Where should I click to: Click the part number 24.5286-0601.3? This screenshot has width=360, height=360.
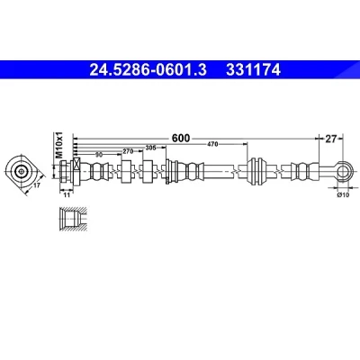click(148, 70)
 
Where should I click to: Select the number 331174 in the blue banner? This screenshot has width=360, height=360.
click(254, 70)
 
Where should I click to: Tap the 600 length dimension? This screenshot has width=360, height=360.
click(181, 139)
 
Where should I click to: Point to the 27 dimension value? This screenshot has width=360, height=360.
click(330, 139)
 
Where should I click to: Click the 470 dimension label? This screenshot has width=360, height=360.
click(212, 144)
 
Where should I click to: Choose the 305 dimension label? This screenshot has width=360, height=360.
click(150, 148)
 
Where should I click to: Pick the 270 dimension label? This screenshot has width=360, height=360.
click(128, 151)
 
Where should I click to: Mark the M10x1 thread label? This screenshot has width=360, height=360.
click(59, 145)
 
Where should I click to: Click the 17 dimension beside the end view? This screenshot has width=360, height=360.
click(37, 185)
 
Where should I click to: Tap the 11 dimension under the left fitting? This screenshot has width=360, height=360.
click(67, 195)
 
